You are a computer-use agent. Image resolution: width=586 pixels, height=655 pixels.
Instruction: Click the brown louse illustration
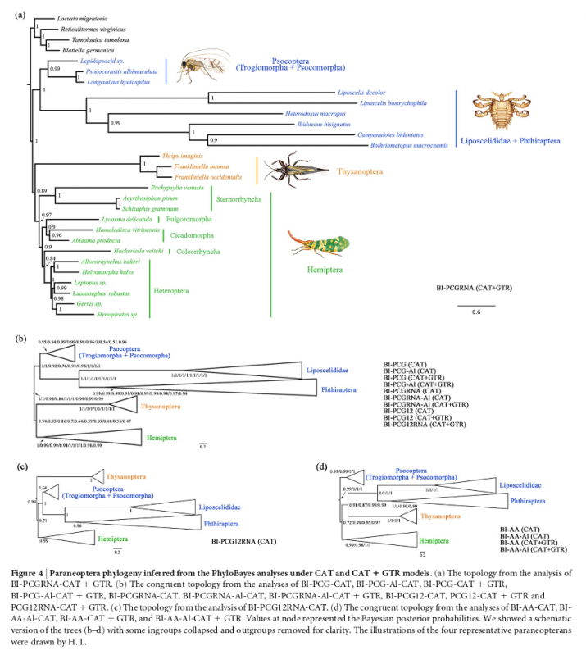click(496, 111)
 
